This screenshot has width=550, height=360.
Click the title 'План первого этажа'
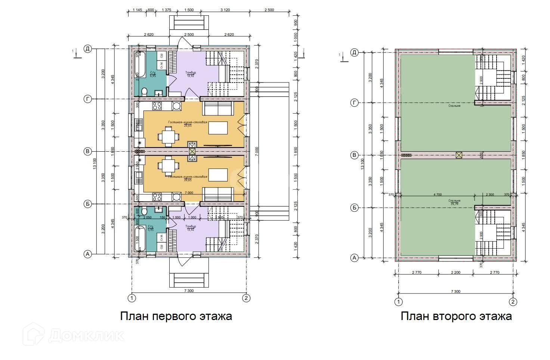click(x=176, y=316)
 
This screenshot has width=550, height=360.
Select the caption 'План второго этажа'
click(x=456, y=316)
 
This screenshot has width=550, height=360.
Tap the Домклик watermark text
click(x=86, y=335)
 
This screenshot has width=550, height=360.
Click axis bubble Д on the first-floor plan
click(x=88, y=49)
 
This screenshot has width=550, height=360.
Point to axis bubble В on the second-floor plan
click(x=355, y=155)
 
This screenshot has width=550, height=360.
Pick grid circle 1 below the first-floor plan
click(x=131, y=298)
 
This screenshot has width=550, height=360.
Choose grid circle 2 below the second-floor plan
click(x=513, y=301)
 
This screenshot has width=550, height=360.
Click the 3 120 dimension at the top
click(x=225, y=10)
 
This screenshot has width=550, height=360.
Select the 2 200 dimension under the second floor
click(x=455, y=273)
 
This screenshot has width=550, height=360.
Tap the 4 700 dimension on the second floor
click(x=437, y=195)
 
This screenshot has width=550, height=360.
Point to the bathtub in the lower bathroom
click(x=137, y=239)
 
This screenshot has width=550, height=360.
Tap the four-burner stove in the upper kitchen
click(x=156, y=106)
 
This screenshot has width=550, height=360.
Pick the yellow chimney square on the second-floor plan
click(x=459, y=155)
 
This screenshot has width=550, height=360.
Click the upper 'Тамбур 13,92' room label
click(x=191, y=74)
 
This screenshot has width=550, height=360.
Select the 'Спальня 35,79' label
click(x=455, y=202)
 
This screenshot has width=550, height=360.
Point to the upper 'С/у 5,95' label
click(x=152, y=74)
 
